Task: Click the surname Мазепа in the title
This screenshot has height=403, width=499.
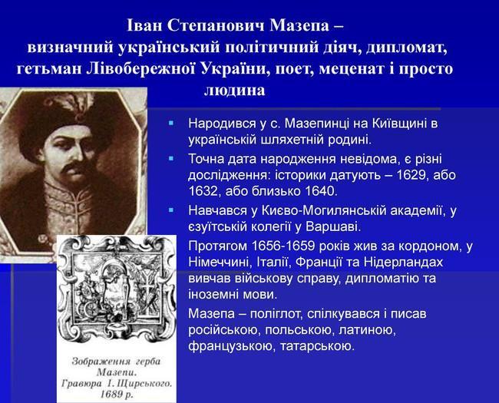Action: pyautogui.click(x=299, y=25)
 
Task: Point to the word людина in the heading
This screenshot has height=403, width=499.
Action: pyautogui.click(x=235, y=90)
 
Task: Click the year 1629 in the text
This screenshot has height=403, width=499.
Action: pyautogui.click(x=411, y=175)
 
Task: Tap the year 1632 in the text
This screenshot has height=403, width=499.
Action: pyautogui.click(x=203, y=191)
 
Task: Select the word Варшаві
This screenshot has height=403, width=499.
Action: pyautogui.click(x=333, y=226)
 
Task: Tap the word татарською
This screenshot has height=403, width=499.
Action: pyautogui.click(x=317, y=346)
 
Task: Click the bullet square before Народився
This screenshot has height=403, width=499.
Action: pyautogui.click(x=171, y=123)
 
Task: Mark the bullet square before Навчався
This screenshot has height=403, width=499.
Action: pyautogui.click(x=171, y=210)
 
